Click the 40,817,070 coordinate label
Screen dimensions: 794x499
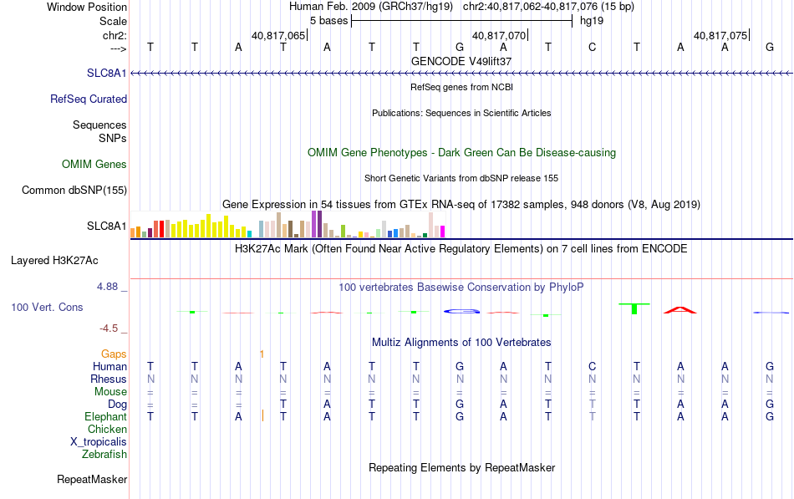[499, 35]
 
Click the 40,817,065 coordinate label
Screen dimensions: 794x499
[278, 35]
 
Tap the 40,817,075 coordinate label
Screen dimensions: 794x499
[720, 35]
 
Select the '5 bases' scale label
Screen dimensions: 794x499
[329, 21]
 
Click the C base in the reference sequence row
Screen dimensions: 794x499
[592, 48]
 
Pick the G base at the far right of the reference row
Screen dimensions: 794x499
[770, 48]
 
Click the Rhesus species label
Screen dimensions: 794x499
[109, 379]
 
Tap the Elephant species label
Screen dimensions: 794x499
[105, 417]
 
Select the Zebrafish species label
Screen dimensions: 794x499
[104, 455]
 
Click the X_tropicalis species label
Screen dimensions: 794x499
[99, 442]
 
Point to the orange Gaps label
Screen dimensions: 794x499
[114, 354]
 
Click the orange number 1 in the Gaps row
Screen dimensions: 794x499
[262, 354]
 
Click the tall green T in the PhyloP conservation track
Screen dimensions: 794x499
[634, 308]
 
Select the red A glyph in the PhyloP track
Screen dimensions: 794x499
[680, 310]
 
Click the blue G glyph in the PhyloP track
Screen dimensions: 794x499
[462, 311]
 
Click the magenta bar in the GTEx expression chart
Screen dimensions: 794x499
[442, 232]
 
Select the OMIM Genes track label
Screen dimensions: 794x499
[94, 164]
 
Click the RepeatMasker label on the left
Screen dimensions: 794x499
[92, 479]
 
